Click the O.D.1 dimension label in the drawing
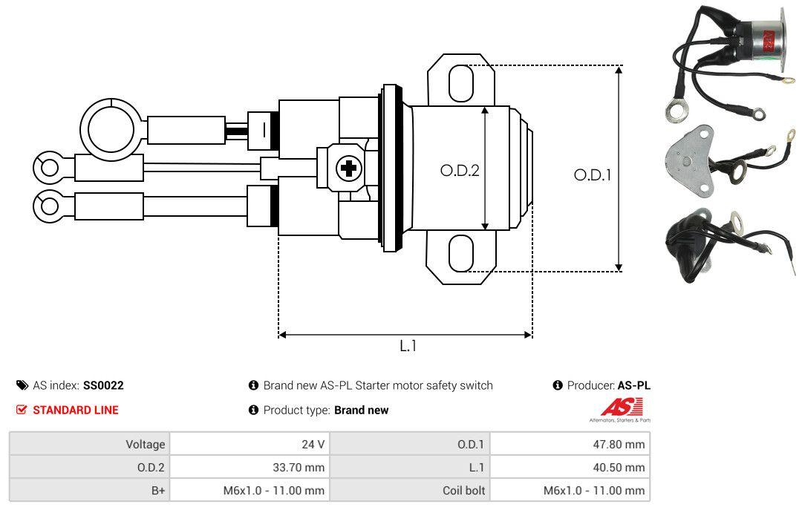point(592,175)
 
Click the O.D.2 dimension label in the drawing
point(460,170)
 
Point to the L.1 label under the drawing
point(408,346)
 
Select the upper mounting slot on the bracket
point(460,82)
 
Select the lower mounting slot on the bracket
point(460,254)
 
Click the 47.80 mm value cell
point(570,445)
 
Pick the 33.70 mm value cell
point(250,468)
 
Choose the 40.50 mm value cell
point(570,468)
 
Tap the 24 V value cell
point(250,445)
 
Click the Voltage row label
point(145,445)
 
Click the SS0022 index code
point(103,385)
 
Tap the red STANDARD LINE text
point(75,410)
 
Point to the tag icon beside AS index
point(22,385)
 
